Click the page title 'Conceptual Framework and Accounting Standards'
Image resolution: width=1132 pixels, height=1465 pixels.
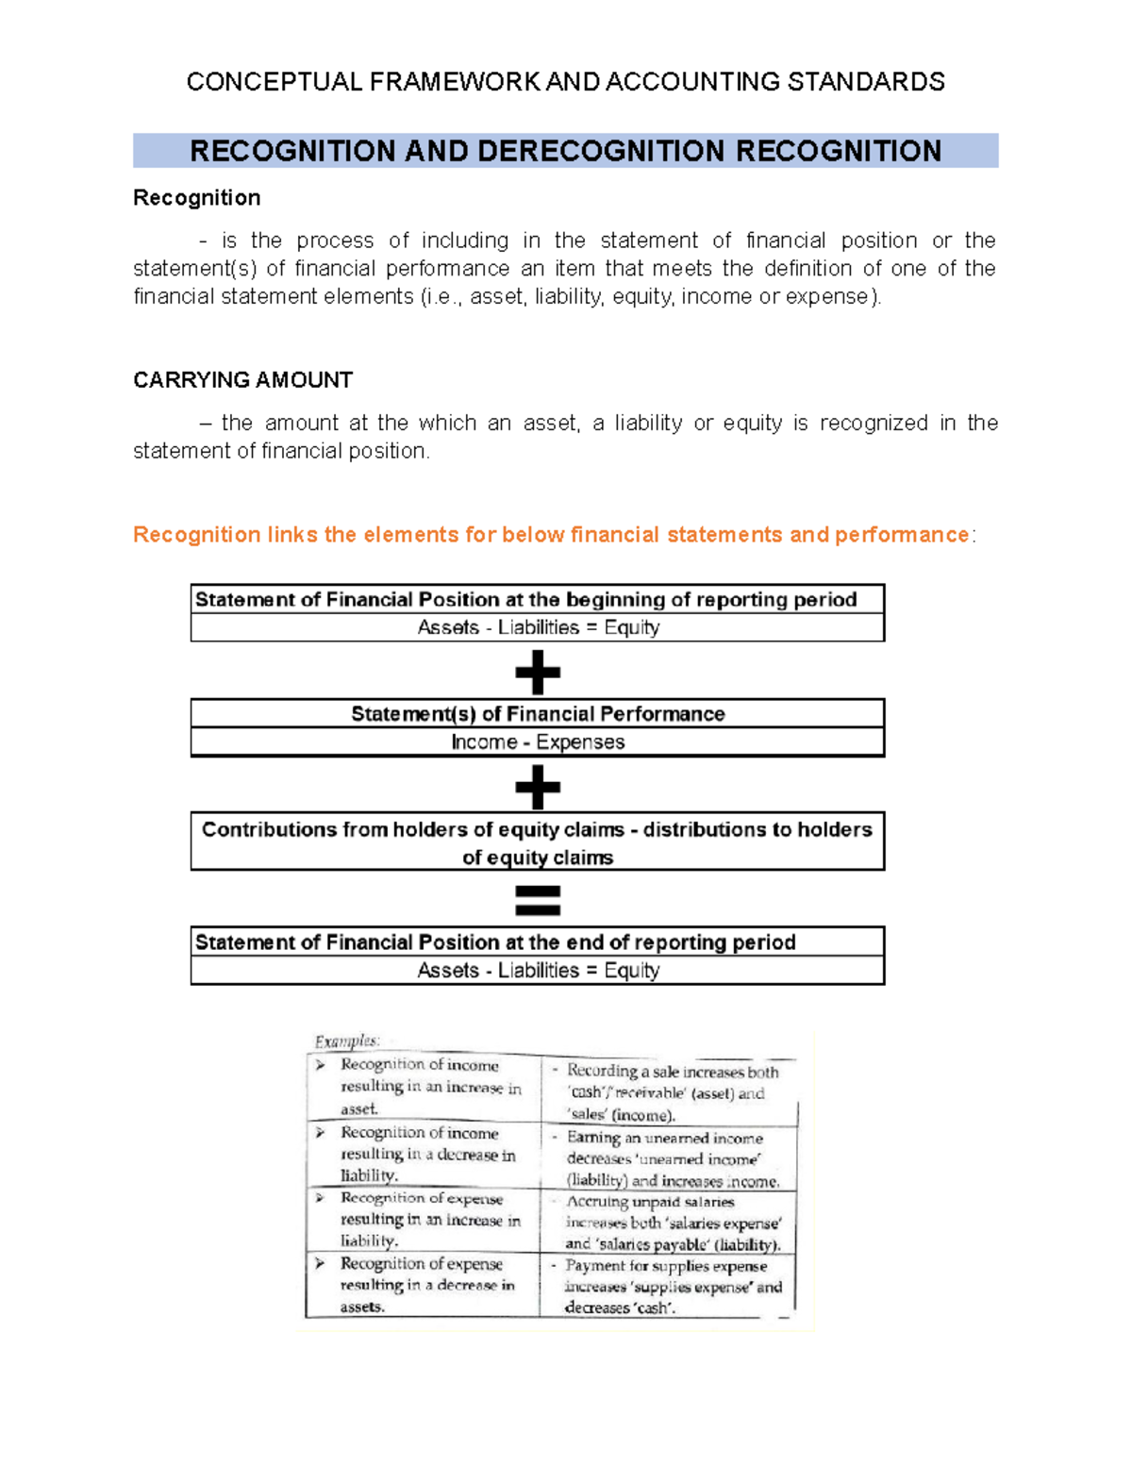click(565, 82)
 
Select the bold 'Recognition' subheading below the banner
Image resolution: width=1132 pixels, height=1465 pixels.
click(196, 198)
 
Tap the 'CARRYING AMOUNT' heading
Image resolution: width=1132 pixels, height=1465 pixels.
click(242, 380)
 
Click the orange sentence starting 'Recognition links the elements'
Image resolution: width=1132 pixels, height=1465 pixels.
click(551, 535)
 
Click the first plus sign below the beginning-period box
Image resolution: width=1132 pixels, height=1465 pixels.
click(538, 674)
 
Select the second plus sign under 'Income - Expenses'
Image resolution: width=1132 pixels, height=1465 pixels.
click(538, 787)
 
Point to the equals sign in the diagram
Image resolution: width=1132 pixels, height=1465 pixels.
click(538, 900)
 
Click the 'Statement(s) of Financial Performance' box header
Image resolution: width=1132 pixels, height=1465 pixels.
click(538, 714)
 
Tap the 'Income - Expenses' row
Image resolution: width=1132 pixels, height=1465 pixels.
click(538, 742)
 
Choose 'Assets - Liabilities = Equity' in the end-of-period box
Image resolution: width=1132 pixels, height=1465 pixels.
click(538, 971)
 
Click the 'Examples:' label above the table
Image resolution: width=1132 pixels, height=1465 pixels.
click(347, 1041)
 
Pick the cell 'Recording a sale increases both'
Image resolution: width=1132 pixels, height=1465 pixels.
click(672, 1092)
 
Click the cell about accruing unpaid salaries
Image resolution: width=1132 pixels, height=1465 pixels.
click(672, 1223)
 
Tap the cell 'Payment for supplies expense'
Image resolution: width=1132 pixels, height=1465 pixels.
click(672, 1287)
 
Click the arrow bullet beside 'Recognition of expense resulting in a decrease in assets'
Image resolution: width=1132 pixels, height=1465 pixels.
click(321, 1263)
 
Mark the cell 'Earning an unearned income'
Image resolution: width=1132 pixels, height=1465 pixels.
click(672, 1158)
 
